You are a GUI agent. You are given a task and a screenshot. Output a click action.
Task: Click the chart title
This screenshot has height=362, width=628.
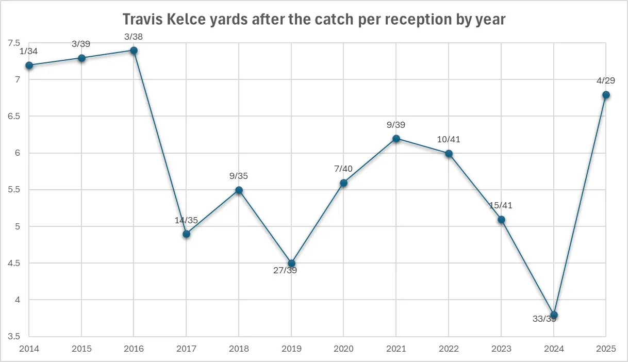click(313, 20)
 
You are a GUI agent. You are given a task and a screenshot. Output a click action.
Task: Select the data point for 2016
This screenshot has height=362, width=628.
click(134, 51)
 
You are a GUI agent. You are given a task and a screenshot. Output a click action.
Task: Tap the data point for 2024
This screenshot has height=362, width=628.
click(554, 315)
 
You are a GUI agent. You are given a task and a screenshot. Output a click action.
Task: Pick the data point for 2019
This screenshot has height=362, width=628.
click(291, 263)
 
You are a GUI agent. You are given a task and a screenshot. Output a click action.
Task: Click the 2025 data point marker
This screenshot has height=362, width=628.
click(606, 94)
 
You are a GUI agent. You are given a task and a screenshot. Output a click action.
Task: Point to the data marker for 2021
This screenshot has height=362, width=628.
click(396, 138)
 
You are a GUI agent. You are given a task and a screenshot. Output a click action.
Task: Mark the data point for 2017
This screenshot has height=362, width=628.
click(187, 234)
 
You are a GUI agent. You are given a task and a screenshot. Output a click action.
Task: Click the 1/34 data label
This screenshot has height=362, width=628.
click(29, 51)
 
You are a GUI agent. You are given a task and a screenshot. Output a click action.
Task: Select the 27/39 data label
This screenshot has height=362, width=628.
click(285, 270)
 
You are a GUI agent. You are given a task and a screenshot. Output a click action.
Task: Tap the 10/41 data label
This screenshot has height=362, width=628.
click(449, 140)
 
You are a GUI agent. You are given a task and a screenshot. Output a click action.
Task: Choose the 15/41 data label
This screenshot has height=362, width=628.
click(501, 206)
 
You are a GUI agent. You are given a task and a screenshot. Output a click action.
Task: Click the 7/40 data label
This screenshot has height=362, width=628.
click(343, 169)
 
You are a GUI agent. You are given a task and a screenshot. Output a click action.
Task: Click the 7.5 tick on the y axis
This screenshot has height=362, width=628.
click(14, 43)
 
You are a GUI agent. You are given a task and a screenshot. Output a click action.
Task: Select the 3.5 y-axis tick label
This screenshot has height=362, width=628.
click(14, 336)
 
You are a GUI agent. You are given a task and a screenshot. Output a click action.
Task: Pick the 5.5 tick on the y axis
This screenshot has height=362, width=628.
click(14, 190)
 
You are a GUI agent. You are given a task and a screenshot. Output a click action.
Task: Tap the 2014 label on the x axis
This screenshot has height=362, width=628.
click(28, 349)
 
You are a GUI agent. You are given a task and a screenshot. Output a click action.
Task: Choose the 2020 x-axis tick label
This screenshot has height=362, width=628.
click(343, 349)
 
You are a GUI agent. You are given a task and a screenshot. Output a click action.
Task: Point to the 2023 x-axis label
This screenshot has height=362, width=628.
click(501, 349)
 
